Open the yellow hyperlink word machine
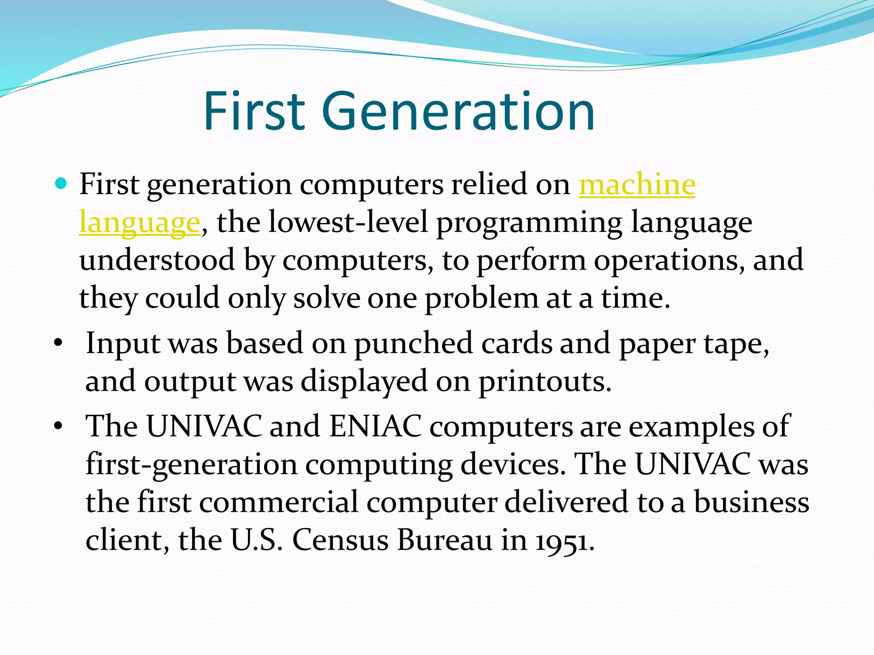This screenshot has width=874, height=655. coord(637,185)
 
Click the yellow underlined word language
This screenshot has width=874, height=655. coord(140,223)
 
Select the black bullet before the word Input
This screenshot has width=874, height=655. coord(58,343)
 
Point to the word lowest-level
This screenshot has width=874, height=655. coord(348,223)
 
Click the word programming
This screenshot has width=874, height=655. coord(529,223)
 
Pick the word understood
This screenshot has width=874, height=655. coord(157,260)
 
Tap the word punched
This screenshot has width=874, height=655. coord(414,343)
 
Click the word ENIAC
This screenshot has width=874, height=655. coord(376,426)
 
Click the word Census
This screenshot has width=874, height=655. coord(340,540)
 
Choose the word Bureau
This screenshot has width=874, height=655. coord(445,540)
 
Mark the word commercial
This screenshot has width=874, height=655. coord(278,502)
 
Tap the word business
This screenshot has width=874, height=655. coord(751,502)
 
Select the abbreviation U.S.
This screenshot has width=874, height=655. coord(256,540)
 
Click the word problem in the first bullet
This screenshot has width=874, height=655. coord(481,298)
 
